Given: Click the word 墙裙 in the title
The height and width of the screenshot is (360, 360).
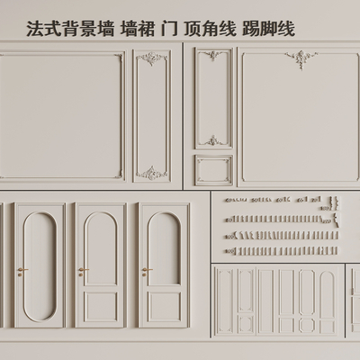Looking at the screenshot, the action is pos(138,29).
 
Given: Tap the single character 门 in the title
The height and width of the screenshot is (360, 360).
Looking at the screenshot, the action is pos(169,29).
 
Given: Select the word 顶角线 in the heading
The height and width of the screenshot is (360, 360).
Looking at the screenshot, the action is pos(210,29).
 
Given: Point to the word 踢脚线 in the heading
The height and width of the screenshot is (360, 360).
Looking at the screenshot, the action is pos(268,29).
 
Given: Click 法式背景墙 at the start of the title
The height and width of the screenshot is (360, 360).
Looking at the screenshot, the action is pos(71,29).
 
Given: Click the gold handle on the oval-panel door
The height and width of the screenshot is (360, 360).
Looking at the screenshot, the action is pos(22,271).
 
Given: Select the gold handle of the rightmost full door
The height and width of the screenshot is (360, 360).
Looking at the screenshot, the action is pos(146,271).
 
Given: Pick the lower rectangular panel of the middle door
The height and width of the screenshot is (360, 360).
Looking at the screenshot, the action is pos(101,307).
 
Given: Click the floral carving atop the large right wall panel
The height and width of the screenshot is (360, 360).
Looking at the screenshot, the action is pos(301,59).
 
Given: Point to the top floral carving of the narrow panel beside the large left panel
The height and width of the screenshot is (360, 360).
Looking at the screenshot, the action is pos(151,58).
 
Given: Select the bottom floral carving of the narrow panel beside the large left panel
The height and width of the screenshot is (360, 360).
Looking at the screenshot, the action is pos(151,173).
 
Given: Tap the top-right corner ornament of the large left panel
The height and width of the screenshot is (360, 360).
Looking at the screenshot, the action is pos(119,58).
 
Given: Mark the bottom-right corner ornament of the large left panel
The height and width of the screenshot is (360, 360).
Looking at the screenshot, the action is pos(119,174).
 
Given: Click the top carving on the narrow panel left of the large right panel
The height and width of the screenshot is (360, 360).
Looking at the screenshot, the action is pos(213,56).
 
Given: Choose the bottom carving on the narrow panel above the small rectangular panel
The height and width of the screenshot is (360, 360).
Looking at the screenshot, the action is pos(213,140).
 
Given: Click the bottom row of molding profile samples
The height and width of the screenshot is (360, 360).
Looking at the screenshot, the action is pos(282,250).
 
